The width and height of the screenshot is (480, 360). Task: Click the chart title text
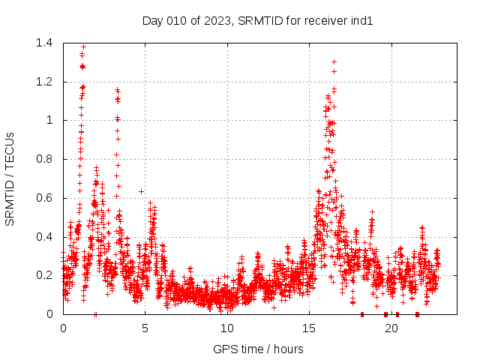[x=257, y=20]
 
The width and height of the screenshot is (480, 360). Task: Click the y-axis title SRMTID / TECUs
[x=10, y=178]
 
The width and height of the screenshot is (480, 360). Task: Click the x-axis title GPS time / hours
[x=258, y=349]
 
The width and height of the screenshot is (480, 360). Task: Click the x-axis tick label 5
[x=145, y=328]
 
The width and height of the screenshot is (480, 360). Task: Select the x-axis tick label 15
[x=310, y=328]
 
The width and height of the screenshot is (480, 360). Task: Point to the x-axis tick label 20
[x=391, y=328]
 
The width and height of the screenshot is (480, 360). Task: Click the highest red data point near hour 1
[x=83, y=46]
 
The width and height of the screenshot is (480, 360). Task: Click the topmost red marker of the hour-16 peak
[x=334, y=61]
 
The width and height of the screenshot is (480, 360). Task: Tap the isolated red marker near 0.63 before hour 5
[x=141, y=191]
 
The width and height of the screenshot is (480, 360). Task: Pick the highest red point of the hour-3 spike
[x=117, y=90]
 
